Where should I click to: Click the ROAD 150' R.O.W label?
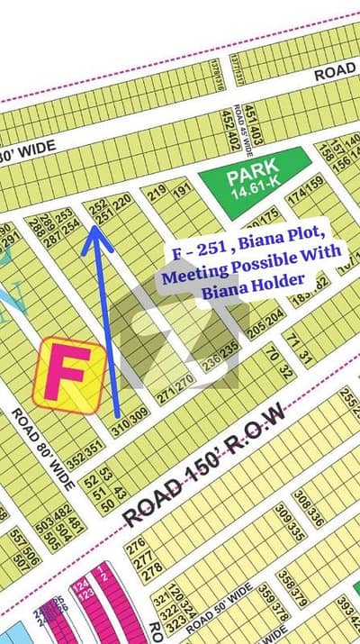pyautogui.click(x=203, y=466)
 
